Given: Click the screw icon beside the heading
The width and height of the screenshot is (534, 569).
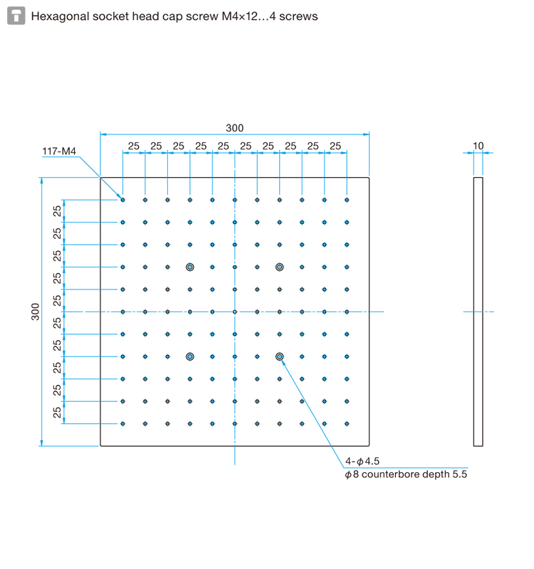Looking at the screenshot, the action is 16,16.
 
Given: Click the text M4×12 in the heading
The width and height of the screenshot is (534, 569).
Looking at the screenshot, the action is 240,16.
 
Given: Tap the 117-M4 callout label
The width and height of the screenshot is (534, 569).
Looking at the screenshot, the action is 59,151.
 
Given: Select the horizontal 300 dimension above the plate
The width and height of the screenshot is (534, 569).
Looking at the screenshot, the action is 235,128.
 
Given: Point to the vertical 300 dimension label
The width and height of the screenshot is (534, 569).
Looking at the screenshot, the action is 35,312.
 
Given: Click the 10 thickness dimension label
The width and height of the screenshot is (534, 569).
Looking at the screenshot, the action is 478,146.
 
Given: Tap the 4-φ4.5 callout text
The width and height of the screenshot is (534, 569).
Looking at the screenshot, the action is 362,461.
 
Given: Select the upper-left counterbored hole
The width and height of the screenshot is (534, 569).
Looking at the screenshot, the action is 189,267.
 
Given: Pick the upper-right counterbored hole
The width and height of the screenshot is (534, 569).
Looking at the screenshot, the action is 279,267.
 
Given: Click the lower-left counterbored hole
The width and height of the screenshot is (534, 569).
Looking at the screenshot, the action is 189,357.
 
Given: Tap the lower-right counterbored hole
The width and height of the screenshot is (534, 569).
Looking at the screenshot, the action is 279,357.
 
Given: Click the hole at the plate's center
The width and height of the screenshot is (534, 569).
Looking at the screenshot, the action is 235,312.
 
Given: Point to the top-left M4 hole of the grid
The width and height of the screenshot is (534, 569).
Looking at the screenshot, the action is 122,200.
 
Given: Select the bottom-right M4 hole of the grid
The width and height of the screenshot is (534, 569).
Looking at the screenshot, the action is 347,423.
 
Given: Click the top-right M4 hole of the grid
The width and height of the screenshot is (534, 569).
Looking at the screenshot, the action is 347,200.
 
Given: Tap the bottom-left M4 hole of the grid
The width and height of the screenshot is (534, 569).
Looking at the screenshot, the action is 122,423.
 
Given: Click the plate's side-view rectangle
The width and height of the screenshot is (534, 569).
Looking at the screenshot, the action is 473,312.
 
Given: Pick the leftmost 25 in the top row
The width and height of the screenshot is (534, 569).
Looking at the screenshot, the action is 134,146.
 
